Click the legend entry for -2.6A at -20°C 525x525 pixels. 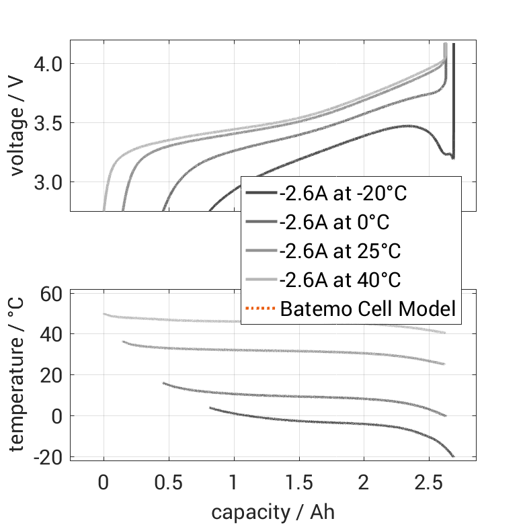(x=344, y=194)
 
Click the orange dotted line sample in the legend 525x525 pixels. (x=260, y=309)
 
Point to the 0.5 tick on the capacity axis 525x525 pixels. (x=169, y=483)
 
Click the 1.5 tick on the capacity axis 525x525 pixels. (x=298, y=483)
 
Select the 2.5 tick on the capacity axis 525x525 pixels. (x=429, y=483)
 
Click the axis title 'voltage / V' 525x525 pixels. (x=18, y=126)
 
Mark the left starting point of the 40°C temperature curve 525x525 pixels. (x=104, y=314)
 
